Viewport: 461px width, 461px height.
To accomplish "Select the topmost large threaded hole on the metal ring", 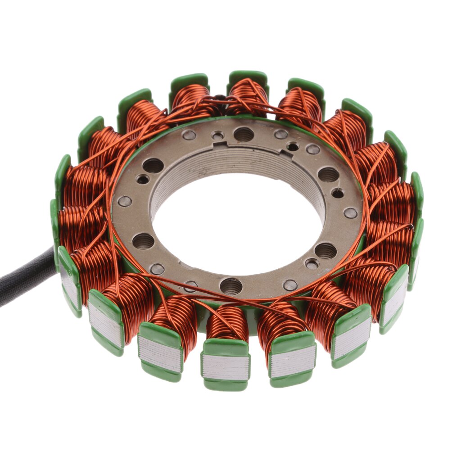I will (244, 134).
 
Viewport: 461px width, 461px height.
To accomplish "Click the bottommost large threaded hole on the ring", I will (230, 285).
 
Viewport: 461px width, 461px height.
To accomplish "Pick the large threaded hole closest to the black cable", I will (143, 241).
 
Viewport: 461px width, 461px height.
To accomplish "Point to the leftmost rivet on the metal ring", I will (125, 201).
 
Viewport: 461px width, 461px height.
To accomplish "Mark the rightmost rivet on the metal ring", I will (350, 212).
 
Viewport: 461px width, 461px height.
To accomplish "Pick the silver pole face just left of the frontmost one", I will (160, 354).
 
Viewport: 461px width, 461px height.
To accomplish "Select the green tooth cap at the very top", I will (247, 77).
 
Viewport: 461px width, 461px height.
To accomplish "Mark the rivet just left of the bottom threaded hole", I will (191, 285).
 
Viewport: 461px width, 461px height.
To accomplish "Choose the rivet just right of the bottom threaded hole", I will (290, 285).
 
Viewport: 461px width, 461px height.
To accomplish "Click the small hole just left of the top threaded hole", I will (218, 136).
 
